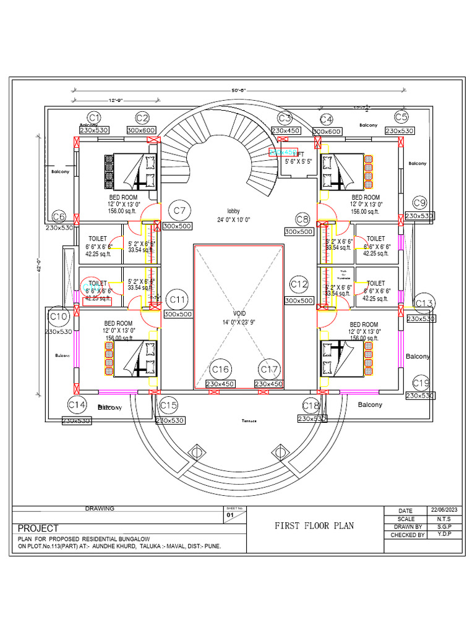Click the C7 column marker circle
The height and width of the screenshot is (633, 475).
coord(180,211)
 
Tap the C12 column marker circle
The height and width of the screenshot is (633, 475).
coord(299,284)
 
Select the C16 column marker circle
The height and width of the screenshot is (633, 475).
coord(220,370)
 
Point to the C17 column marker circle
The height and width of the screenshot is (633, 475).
coord(269,370)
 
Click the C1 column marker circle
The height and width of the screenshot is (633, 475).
coord(94,117)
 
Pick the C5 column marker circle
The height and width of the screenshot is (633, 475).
coord(401,117)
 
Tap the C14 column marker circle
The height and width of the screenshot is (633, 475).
coord(77,405)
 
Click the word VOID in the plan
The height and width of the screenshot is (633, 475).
coord(239,313)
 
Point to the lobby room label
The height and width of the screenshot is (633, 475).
coord(233,211)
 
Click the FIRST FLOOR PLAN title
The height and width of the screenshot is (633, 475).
coord(314,525)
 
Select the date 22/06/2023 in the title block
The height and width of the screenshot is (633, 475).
coord(447,511)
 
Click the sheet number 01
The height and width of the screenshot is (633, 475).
coord(230,514)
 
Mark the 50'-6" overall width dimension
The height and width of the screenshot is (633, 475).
coord(239,90)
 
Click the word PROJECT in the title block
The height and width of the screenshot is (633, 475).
coord(38,529)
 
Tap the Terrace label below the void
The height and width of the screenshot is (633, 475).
coord(249,420)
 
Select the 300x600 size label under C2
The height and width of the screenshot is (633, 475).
coord(142,130)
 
